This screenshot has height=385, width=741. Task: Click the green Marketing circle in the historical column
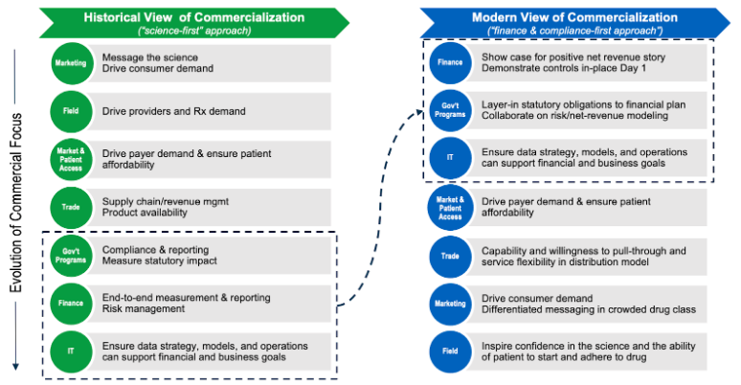73,64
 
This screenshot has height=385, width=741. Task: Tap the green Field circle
73,111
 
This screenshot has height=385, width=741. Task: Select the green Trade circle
73,205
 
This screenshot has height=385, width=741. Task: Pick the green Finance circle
73,302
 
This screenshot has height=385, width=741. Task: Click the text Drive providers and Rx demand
173,111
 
